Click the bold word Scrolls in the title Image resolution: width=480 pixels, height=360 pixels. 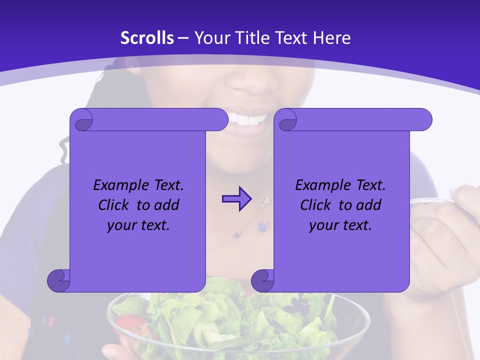click(147, 38)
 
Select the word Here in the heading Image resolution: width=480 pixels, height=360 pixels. click(331, 38)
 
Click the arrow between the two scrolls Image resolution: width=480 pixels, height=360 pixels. click(236, 199)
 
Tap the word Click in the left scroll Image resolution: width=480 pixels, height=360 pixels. click(113, 205)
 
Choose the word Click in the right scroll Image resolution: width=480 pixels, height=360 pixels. click(315, 205)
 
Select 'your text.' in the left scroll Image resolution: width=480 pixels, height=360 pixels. click(138, 225)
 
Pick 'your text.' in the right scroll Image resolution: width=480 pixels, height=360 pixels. click(340, 225)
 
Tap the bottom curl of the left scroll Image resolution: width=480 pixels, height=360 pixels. click(59, 280)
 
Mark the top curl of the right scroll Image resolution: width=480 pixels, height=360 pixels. click(287, 120)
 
